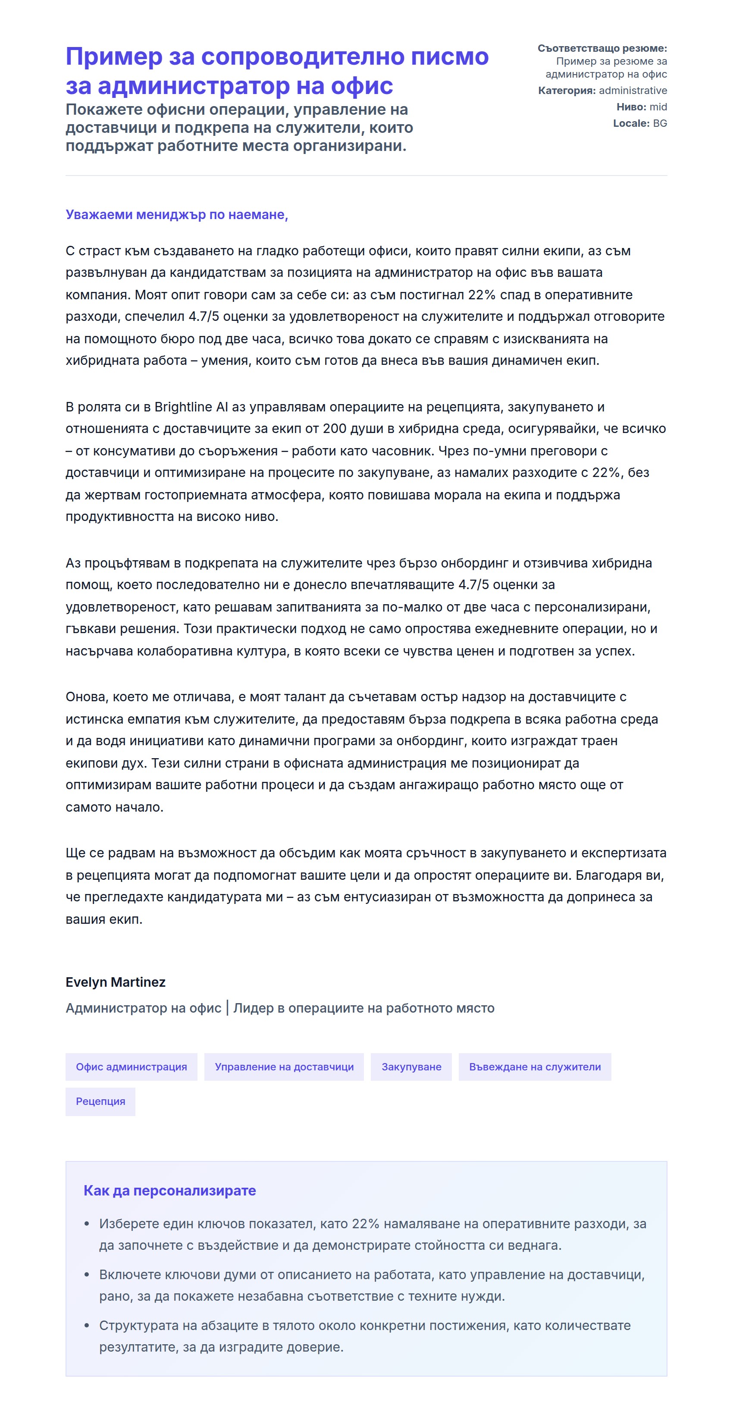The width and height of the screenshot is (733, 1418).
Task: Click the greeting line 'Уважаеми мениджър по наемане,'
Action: (177, 215)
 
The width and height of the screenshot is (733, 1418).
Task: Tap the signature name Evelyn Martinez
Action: (116, 982)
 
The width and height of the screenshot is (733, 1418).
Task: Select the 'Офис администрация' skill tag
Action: (132, 1067)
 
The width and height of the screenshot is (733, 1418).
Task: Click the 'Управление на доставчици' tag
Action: (284, 1067)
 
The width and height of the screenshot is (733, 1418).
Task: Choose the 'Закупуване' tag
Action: (411, 1067)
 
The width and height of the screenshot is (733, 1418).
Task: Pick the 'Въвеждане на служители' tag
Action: (534, 1067)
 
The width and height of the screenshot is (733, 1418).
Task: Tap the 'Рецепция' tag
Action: (100, 1101)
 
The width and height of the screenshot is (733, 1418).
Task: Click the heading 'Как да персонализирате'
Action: (169, 1190)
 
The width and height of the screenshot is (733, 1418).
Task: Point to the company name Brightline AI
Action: (191, 407)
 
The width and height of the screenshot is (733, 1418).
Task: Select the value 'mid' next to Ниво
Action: (658, 107)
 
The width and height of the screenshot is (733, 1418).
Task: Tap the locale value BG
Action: (660, 123)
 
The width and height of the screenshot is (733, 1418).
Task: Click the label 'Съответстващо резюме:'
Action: (602, 48)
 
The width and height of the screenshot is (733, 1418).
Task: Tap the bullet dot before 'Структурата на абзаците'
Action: (86, 1326)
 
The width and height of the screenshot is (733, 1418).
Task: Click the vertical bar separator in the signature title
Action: (227, 1008)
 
